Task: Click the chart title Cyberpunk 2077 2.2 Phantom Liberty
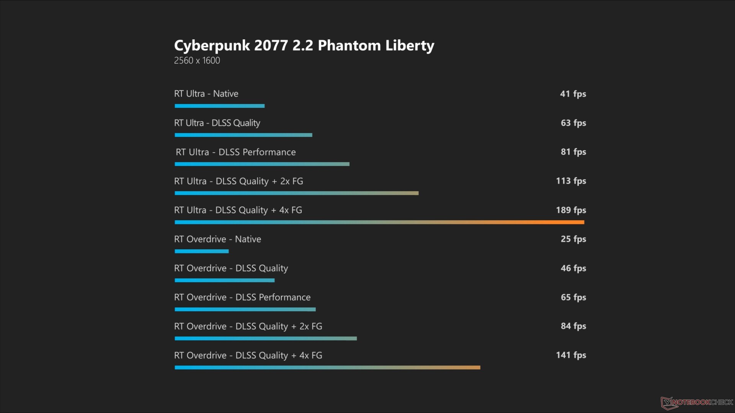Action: coord(304,46)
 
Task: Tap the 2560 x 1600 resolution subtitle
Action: coord(197,60)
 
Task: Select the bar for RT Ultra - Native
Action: coord(219,106)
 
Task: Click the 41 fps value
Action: coord(573,94)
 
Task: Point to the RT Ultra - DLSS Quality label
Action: coord(217,123)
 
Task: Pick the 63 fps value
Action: coord(573,123)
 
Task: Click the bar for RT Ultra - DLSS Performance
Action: coord(262,164)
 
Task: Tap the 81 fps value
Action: coord(573,152)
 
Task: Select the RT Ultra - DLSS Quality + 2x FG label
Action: coord(238,181)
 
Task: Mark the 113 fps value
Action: coord(571,181)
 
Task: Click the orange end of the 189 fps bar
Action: coord(574,222)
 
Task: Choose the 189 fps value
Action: coord(571,210)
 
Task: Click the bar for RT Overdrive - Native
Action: coord(201,251)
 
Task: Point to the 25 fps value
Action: coord(573,239)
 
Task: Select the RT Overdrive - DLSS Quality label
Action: coord(231,268)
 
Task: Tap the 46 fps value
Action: coord(573,268)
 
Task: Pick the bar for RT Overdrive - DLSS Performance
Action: coord(245,309)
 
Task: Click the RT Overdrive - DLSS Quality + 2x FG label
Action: coord(248,326)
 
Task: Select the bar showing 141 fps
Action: coord(327,367)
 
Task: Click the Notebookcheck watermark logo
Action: coord(697,402)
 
